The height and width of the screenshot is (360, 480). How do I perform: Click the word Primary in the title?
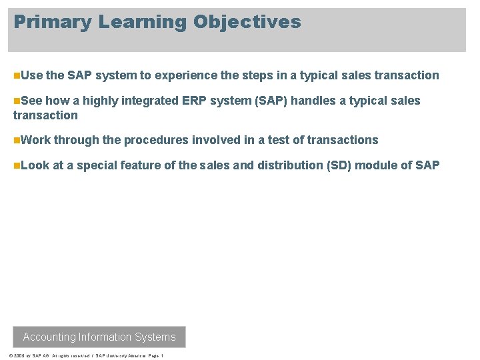[x=53, y=22]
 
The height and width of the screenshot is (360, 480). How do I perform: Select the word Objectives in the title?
[x=247, y=22]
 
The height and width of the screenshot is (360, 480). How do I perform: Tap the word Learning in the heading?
[x=143, y=22]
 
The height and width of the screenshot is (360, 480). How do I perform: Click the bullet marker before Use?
[x=16, y=75]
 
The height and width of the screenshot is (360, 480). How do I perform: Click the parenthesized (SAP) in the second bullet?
[x=268, y=101]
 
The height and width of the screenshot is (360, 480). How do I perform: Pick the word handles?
[x=315, y=101]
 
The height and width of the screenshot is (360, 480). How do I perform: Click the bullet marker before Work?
[x=16, y=140]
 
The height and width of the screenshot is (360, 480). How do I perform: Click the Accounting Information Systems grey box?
[x=99, y=337]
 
